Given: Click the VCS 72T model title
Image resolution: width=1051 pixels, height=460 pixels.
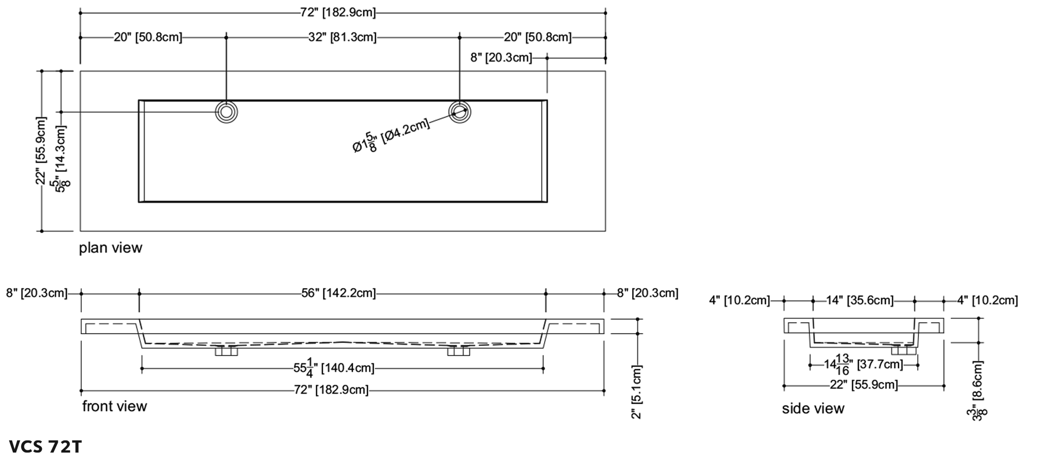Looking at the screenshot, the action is pyautogui.click(x=46, y=447).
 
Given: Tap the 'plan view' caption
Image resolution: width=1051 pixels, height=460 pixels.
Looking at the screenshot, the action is pyautogui.click(x=110, y=248).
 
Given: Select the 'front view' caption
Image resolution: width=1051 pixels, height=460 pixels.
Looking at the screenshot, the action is pyautogui.click(x=114, y=406).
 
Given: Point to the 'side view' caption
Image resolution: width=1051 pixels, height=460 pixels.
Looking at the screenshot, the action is pyautogui.click(x=813, y=408).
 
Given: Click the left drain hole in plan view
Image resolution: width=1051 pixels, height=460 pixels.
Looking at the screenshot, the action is pyautogui.click(x=226, y=112).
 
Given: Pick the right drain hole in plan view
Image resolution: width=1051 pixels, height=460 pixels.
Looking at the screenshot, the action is pyautogui.click(x=460, y=112).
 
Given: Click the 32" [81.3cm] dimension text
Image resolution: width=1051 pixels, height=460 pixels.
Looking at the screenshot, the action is pyautogui.click(x=342, y=38).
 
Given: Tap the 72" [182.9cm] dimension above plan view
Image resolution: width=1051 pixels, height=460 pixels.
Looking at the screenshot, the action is pyautogui.click(x=338, y=12).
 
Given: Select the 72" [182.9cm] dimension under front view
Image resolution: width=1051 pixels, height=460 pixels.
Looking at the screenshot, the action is pyautogui.click(x=331, y=390).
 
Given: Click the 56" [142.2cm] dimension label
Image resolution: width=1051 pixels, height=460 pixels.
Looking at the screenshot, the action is pyautogui.click(x=338, y=293).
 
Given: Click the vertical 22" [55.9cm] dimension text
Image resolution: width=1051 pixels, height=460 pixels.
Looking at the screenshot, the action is pyautogui.click(x=41, y=151).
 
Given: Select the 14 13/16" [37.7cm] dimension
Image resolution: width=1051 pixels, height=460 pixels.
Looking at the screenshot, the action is pyautogui.click(x=863, y=364).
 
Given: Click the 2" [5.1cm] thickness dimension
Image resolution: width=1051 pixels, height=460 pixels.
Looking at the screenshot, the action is pyautogui.click(x=637, y=392).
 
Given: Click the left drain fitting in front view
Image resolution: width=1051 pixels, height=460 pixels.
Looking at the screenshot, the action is pyautogui.click(x=226, y=351).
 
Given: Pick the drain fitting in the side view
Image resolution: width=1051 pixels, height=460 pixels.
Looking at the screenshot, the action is pyautogui.click(x=903, y=350).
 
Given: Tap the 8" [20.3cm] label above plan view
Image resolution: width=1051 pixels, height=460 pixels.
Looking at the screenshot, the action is pyautogui.click(x=501, y=57).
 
